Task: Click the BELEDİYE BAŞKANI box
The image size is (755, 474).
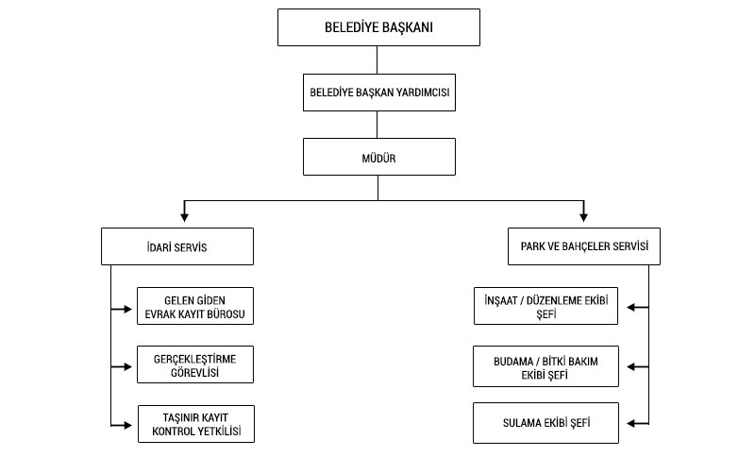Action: (377, 28)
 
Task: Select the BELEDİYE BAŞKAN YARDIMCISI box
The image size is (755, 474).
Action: (377, 93)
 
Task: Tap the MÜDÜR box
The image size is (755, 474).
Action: (377, 158)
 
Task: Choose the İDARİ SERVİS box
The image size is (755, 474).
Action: (177, 247)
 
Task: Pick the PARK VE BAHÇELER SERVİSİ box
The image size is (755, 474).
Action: (583, 247)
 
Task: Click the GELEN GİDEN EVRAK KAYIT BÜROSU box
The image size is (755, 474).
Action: (195, 306)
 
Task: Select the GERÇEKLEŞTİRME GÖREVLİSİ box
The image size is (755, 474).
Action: (195, 364)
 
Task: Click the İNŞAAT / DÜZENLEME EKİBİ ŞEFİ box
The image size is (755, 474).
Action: (545, 306)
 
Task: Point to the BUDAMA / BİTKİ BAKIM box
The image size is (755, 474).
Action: (545, 365)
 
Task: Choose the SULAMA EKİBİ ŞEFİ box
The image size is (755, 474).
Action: (545, 422)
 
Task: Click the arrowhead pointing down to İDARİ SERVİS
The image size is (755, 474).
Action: (185, 214)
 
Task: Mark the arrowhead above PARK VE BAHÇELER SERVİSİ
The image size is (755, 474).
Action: (584, 214)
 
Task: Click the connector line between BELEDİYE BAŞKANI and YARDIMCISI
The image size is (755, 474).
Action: (377, 59)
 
